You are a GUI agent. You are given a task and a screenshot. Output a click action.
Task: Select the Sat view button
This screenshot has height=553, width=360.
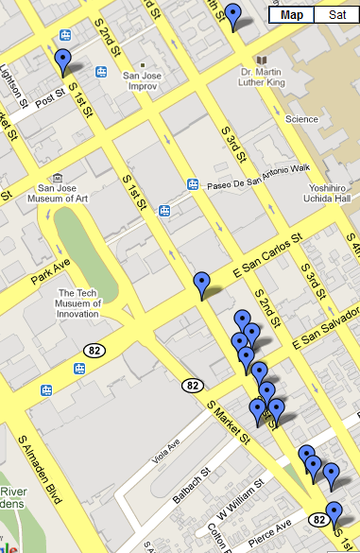pyautogui.click(x=335, y=14)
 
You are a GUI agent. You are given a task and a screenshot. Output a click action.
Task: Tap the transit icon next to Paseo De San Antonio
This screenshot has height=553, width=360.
pyautogui.click(x=193, y=184)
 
